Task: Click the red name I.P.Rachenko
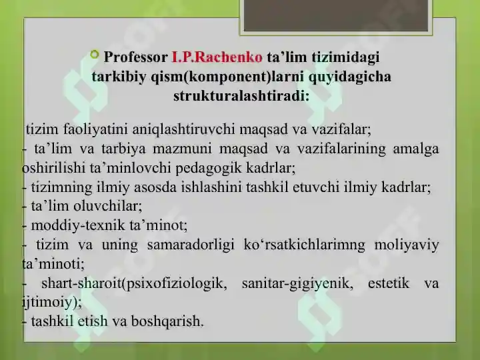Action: tap(217, 57)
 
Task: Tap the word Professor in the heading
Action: tap(135, 57)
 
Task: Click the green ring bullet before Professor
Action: tap(95, 55)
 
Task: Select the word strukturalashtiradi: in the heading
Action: tap(241, 96)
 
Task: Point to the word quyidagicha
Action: tap(349, 77)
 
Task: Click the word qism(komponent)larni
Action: tap(227, 77)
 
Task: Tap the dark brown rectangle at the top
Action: tap(336, 15)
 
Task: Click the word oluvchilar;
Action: tap(108, 206)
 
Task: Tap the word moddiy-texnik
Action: tap(78, 225)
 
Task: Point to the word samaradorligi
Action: tap(191, 245)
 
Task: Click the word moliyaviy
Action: tap(407, 245)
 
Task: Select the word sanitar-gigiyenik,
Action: tap(297, 283)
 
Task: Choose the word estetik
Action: tap(388, 283)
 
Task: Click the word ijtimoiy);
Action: tap(52, 303)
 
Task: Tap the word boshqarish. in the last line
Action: tap(167, 321)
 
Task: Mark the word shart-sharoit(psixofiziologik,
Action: tap(134, 283)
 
